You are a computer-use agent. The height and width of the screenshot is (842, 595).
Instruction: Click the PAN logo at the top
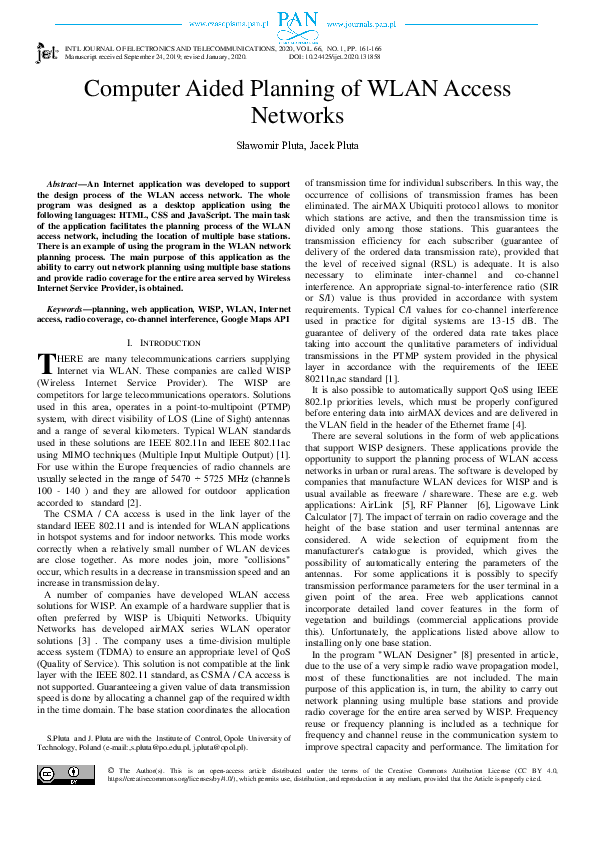click(x=297, y=18)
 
